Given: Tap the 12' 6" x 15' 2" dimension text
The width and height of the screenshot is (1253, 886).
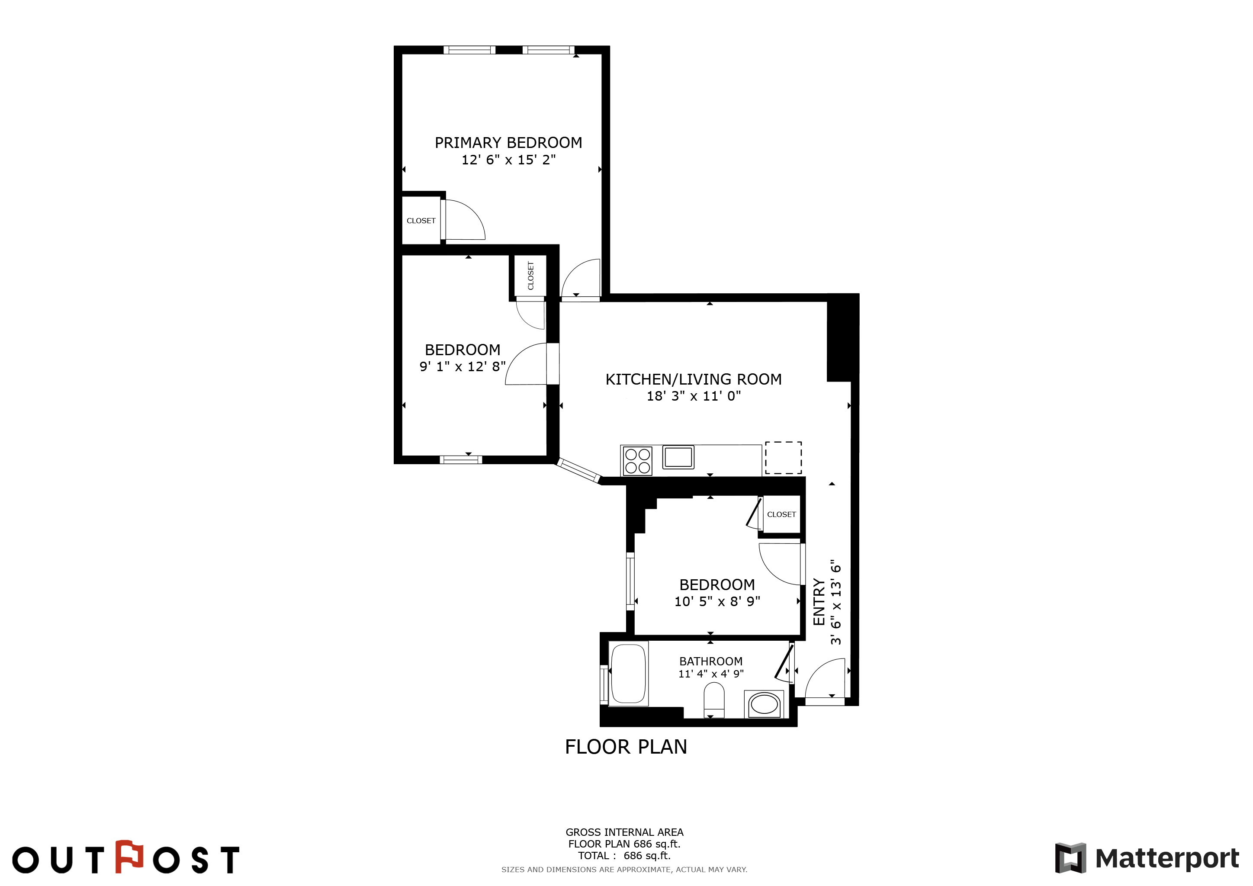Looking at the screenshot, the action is (509, 160).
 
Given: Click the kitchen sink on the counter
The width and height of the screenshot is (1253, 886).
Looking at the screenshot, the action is (678, 457).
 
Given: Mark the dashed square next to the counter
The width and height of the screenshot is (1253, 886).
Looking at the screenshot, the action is (783, 458).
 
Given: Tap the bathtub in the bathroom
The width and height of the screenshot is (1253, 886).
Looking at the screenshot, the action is (629, 674).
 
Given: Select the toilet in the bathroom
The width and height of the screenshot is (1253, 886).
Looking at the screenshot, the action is (714, 700).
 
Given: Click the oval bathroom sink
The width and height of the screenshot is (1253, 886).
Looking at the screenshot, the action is (764, 704).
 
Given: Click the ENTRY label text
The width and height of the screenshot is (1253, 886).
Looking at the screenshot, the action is (819, 602).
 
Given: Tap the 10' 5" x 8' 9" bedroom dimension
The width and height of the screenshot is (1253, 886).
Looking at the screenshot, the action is (717, 601).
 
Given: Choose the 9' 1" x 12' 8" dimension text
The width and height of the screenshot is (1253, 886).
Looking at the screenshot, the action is (462, 366).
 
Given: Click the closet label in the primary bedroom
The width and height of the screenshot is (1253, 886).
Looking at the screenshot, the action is (421, 221).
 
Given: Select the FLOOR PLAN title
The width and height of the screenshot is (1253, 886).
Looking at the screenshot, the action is (626, 747).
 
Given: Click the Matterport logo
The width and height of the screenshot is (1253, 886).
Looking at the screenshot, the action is (1147, 858).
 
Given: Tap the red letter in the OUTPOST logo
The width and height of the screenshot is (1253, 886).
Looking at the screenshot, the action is (129, 856).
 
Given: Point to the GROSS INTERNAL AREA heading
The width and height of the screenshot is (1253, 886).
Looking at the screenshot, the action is (624, 832).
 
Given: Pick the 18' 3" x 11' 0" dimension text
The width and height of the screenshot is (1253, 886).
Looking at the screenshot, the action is (694, 396).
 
